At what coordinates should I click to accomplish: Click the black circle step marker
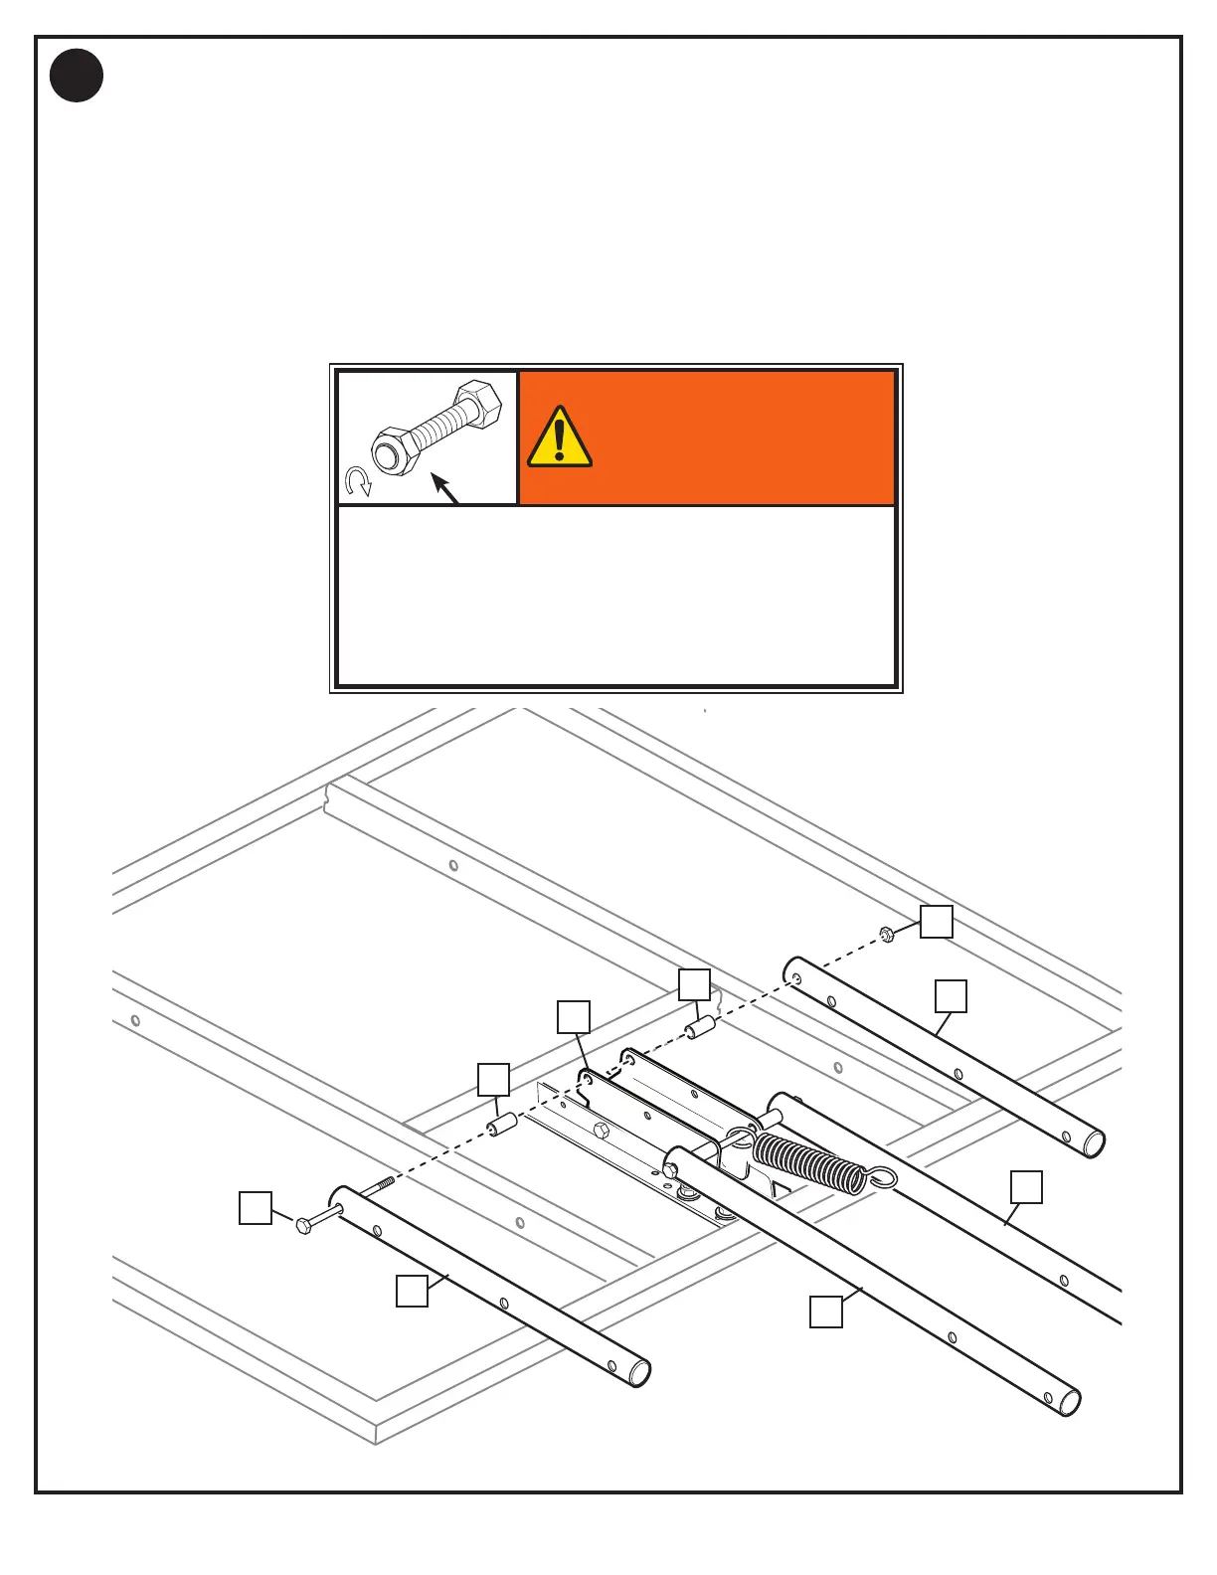point(77,76)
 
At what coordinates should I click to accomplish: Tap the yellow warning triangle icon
point(560,437)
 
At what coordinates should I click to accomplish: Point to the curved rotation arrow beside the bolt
point(358,482)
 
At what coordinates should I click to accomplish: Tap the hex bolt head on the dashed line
point(304,1225)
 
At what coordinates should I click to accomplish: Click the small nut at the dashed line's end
point(886,933)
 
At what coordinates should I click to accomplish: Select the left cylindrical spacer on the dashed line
point(499,1127)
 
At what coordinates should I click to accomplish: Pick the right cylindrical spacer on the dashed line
point(702,1027)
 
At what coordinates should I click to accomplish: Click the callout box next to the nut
point(936,922)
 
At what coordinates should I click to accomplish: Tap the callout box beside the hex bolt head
point(256,1208)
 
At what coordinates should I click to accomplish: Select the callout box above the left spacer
point(493,1079)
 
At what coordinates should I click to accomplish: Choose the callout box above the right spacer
point(694,984)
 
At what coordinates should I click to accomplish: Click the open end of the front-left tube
point(638,1373)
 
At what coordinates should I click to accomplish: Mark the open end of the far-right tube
point(1093,1144)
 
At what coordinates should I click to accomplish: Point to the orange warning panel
point(707,438)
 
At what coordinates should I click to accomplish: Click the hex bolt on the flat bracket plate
point(602,1130)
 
